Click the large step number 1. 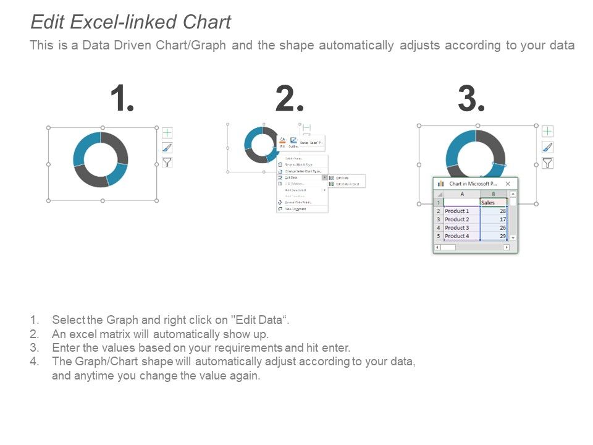(122, 99)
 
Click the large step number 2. (289, 99)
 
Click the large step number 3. (471, 99)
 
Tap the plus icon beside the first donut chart (167, 133)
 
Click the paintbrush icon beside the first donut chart (167, 148)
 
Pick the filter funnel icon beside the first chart (167, 163)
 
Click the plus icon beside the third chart (547, 131)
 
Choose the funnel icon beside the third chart (547, 163)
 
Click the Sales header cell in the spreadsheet (493, 203)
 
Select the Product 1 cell (461, 211)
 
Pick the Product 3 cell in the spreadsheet (461, 228)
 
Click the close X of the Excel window (508, 184)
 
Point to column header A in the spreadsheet (461, 194)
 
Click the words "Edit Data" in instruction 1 (259, 320)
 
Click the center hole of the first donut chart (101, 159)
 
